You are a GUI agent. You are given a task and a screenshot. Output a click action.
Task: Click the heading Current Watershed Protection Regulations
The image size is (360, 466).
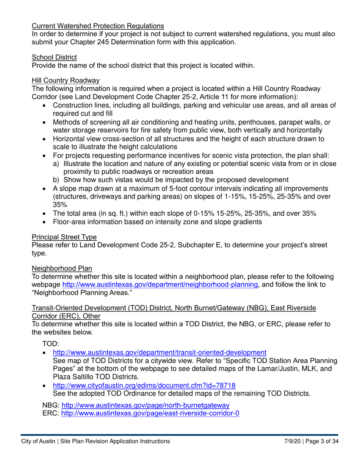(98, 26)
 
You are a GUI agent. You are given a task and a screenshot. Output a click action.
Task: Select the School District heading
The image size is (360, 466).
(54, 57)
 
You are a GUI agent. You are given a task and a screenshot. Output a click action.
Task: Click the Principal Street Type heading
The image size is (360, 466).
(64, 237)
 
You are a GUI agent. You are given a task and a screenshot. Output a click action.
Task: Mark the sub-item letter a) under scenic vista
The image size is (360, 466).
(56, 164)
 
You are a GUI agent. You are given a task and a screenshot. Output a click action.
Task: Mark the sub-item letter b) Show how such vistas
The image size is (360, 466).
(56, 180)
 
